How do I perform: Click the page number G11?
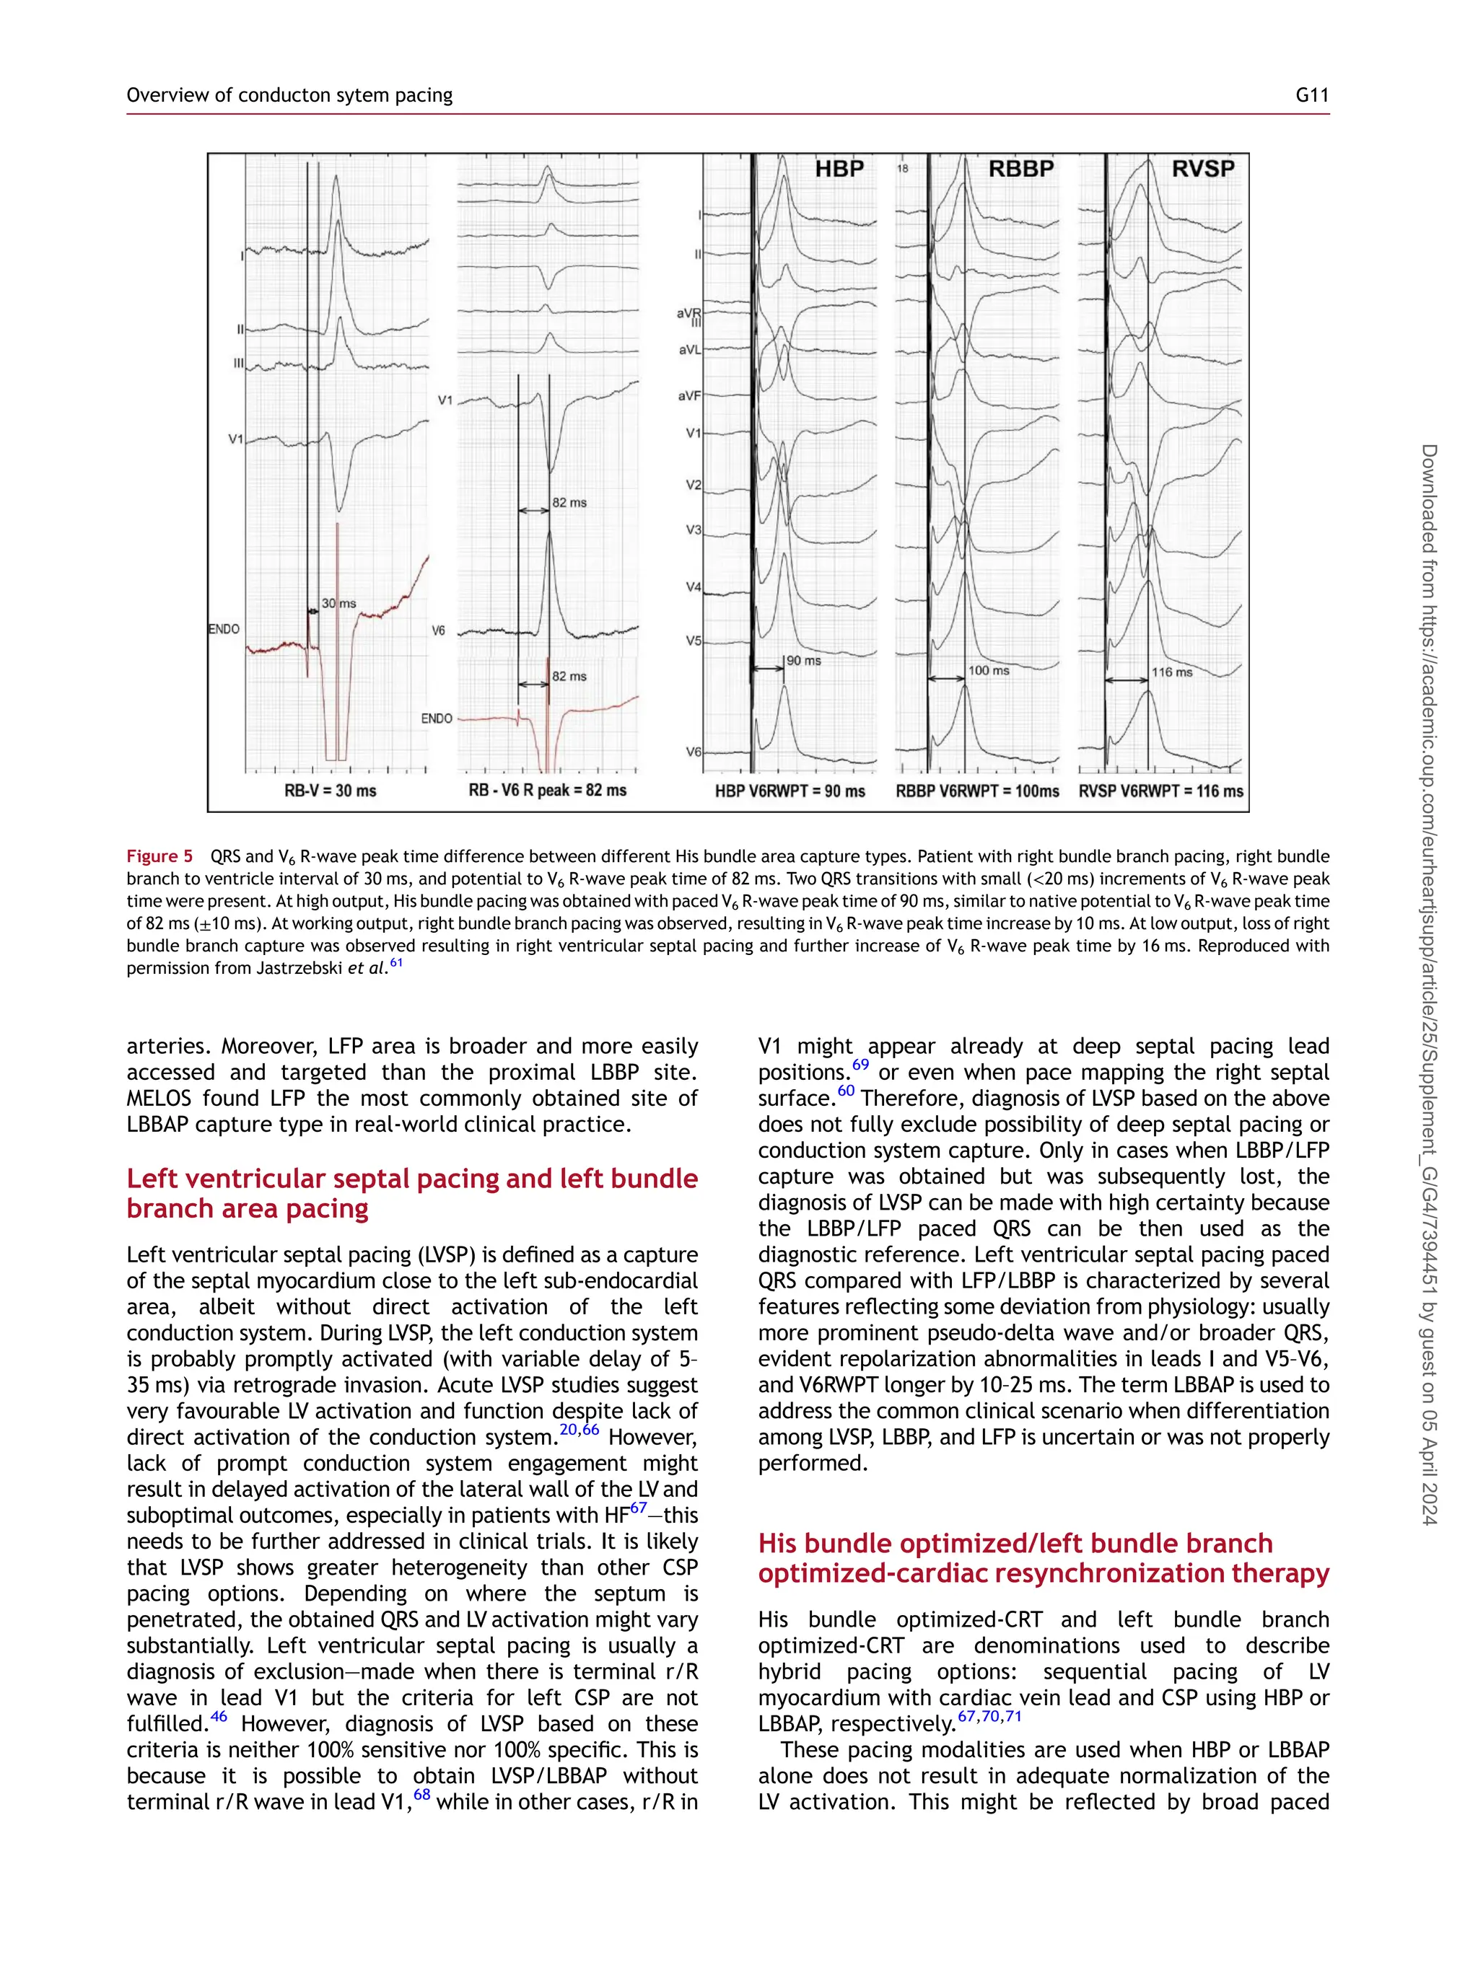[1311, 95]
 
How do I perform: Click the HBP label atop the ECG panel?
[839, 170]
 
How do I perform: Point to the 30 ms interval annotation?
[338, 603]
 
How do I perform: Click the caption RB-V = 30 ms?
[330, 790]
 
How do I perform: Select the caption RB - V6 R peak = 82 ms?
[547, 790]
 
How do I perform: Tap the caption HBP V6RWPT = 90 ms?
[790, 791]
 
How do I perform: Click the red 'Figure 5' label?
[159, 856]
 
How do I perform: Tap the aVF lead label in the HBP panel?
[688, 395]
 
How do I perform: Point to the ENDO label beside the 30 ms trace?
[224, 629]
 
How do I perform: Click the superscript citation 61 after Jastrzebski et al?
[395, 963]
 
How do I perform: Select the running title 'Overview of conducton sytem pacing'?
[289, 95]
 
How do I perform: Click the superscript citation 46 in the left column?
[218, 1716]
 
